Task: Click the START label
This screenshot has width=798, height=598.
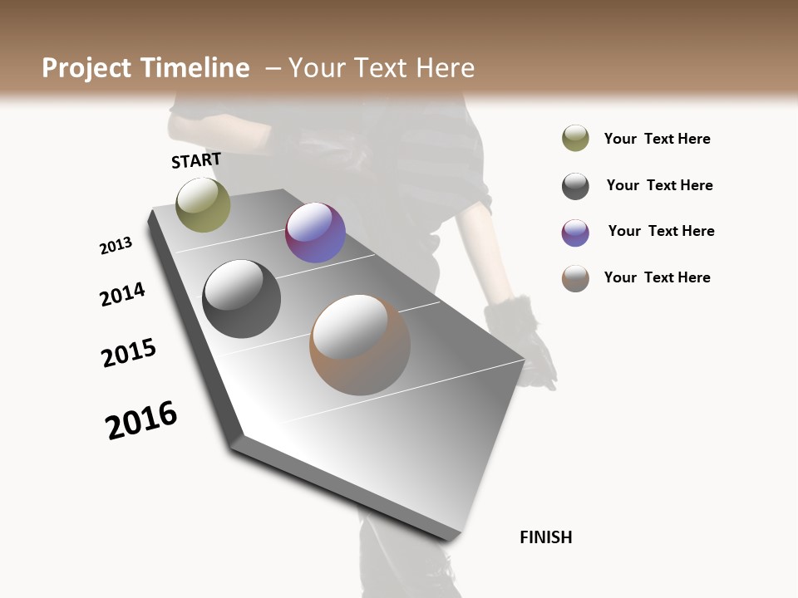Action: point(196,160)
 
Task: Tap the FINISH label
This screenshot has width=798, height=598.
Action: point(545,537)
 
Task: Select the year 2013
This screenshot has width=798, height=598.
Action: point(116,246)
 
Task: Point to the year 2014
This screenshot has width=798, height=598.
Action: point(122,294)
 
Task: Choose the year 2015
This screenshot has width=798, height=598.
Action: point(129,353)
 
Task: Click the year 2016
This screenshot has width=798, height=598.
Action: point(141,420)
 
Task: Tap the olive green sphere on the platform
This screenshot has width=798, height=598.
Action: point(203,204)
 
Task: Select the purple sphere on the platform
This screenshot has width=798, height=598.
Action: point(315,233)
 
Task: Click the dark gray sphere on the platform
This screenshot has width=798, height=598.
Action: point(241,299)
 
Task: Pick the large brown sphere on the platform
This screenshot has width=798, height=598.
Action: point(359,345)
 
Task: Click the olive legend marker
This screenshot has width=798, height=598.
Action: point(575,138)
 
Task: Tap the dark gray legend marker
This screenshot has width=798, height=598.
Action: point(575,186)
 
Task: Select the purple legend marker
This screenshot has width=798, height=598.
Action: point(575,233)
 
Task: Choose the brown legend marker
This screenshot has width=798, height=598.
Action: point(575,278)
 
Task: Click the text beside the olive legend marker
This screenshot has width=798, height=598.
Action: point(657,139)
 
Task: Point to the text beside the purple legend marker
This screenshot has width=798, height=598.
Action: point(661,231)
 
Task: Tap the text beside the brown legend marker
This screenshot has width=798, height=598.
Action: point(657,277)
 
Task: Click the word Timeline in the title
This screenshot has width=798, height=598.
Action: point(196,68)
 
